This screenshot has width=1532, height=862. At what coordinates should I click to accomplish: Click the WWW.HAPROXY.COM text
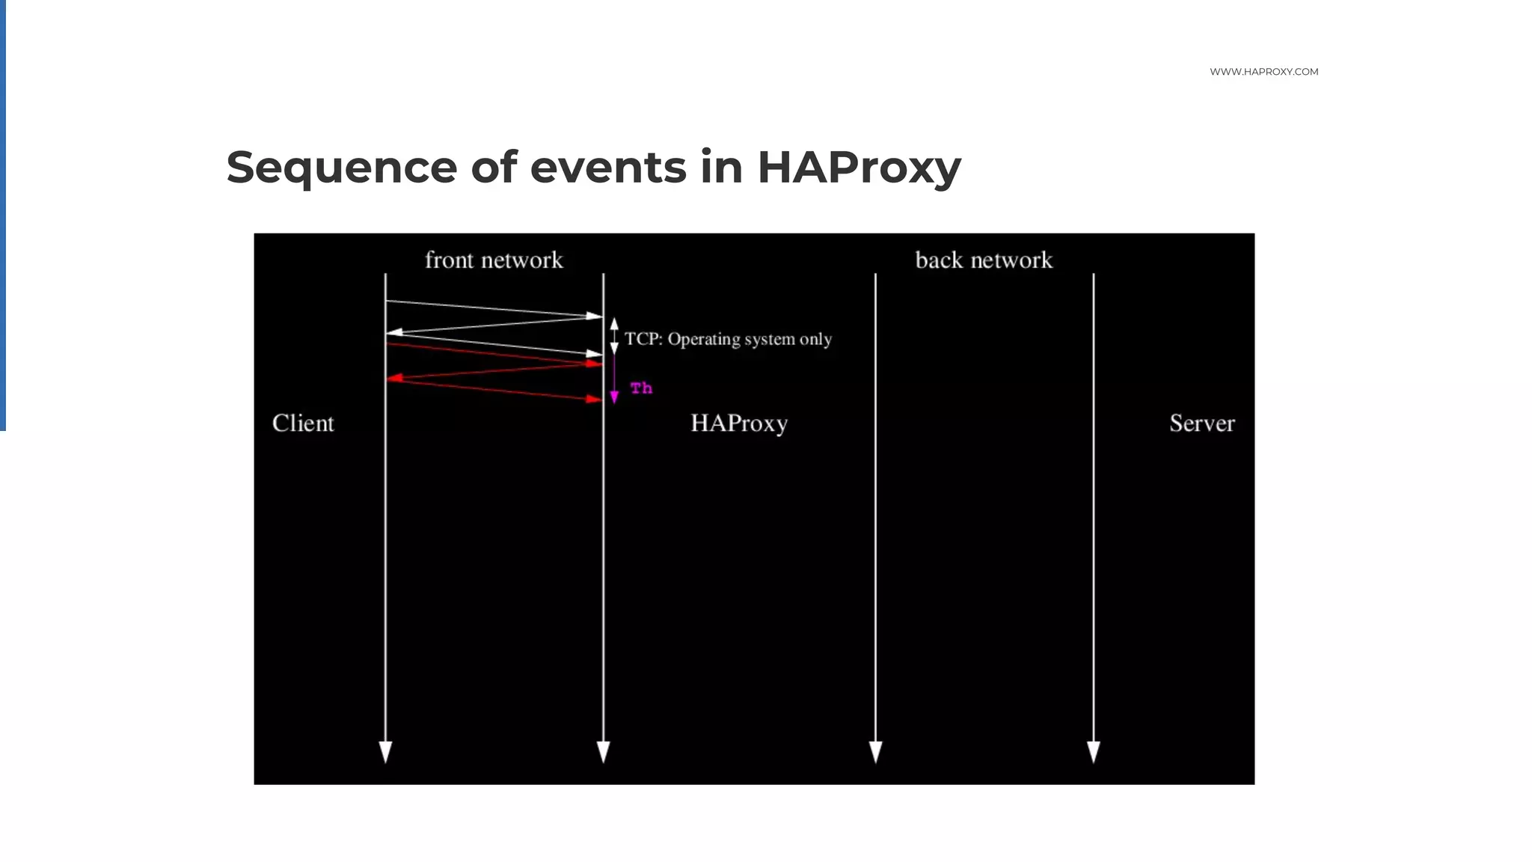coord(1263,72)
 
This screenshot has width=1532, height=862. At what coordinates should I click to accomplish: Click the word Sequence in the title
coord(341,168)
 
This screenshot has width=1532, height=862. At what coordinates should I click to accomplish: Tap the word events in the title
coord(607,167)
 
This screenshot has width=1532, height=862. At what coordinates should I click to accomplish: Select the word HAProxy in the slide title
coord(859,168)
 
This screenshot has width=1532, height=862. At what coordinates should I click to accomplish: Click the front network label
coord(494,260)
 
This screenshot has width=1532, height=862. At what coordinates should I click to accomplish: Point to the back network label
coord(984,260)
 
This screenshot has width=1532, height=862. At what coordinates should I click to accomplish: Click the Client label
coord(303,424)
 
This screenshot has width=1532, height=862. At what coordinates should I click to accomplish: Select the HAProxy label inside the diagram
coord(739,424)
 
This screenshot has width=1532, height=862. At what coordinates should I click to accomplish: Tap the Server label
coord(1202,424)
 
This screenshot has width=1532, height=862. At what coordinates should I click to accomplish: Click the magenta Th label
coord(641,388)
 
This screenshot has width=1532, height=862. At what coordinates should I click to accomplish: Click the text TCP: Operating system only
coord(728,339)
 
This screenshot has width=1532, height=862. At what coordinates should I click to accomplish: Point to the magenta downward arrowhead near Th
coord(614,397)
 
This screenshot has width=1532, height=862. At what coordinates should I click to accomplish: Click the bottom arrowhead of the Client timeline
coord(385,751)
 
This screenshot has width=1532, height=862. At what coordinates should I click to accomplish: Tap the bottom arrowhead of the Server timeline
coord(1093,751)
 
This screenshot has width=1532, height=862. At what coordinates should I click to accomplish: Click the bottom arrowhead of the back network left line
coord(875,751)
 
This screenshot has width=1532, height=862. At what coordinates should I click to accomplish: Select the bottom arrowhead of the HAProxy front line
coord(603,751)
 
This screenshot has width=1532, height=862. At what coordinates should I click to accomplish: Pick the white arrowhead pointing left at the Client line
coord(394,331)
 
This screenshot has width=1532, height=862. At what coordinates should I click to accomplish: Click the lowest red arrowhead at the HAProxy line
coord(595,400)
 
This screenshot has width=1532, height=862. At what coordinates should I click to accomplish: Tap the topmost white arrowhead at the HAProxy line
coord(595,317)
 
